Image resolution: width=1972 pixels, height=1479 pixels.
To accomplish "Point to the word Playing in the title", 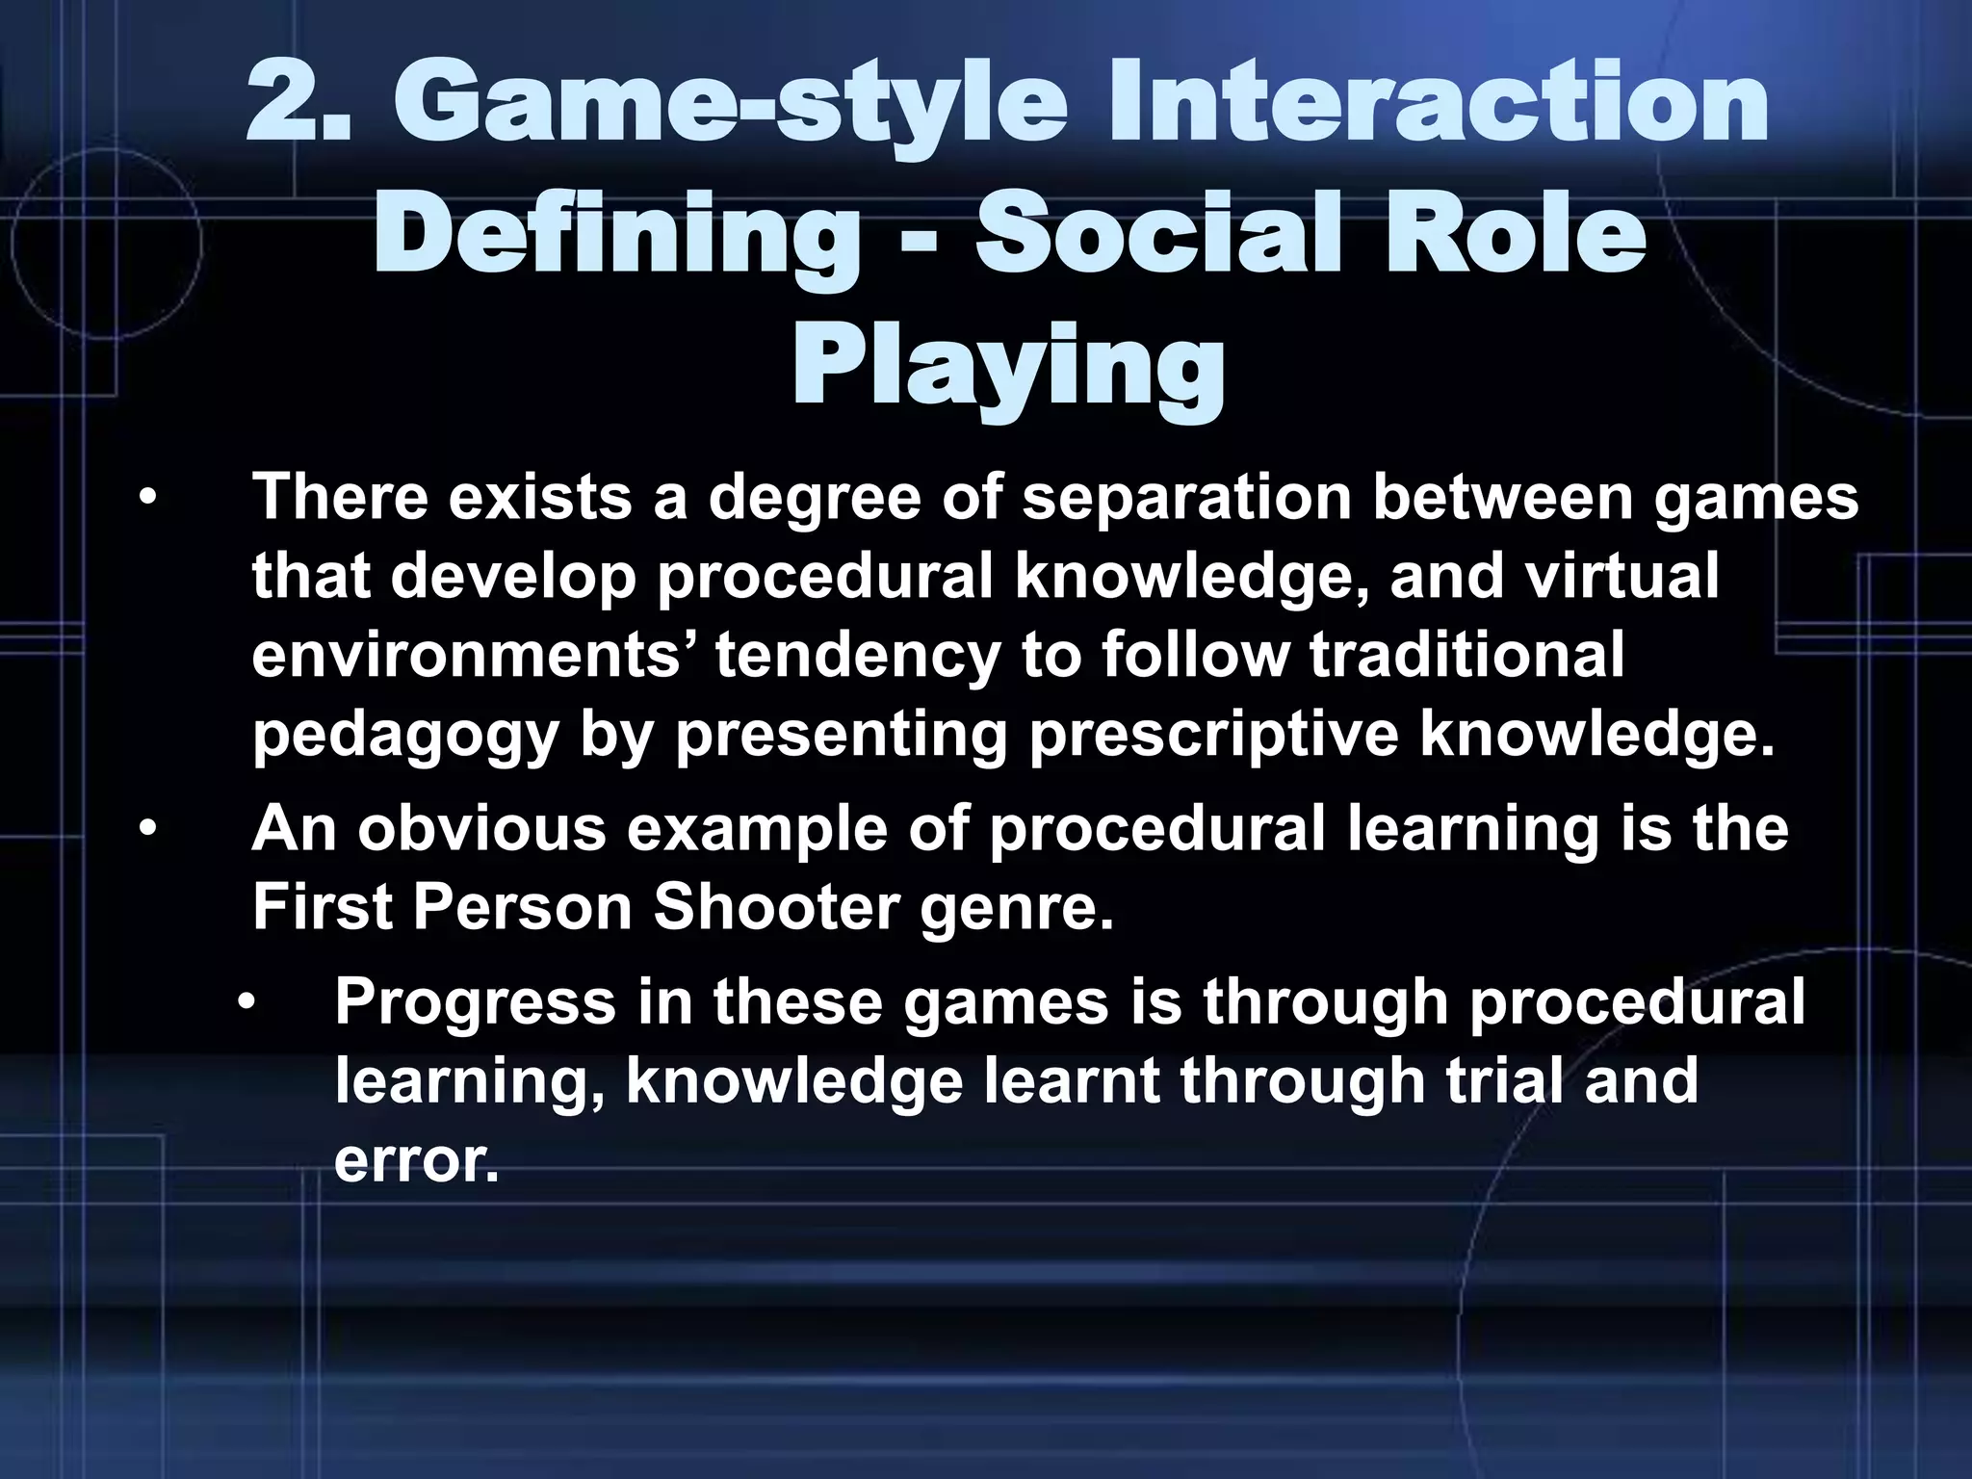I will [1007, 371].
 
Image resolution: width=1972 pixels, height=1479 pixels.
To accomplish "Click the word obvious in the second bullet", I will [481, 828].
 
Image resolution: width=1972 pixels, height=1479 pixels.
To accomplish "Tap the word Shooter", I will [775, 907].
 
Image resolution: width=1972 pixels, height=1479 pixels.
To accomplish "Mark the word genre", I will [1017, 909].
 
